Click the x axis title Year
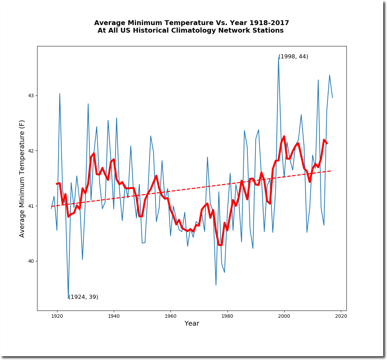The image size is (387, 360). tap(192, 324)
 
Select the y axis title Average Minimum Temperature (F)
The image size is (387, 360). tap(22, 179)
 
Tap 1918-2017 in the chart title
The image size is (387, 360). tap(269, 23)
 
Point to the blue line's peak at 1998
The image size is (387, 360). tap(278, 58)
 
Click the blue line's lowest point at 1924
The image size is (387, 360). tap(68, 298)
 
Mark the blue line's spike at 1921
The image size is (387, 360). tap(60, 93)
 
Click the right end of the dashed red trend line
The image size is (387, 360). tap(332, 170)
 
